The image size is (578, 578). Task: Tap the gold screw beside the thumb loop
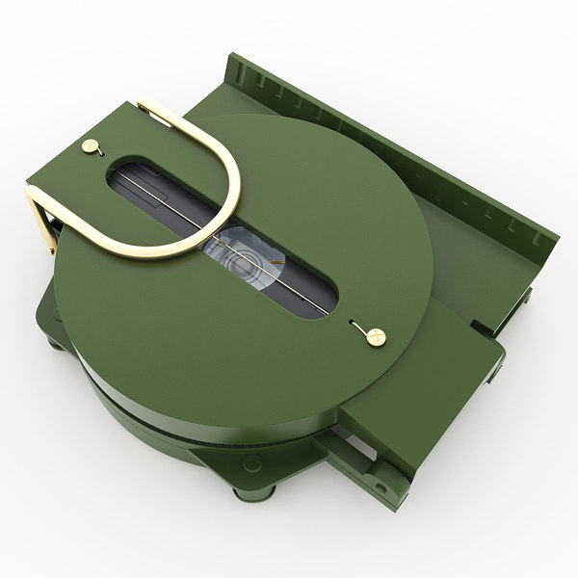click(x=92, y=145)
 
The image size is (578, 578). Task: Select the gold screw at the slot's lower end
click(x=374, y=335)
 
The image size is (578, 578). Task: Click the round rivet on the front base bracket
click(x=252, y=463)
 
